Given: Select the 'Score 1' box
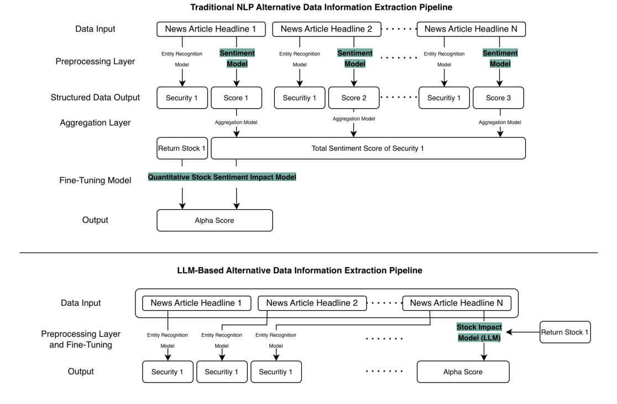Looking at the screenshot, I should [237, 97].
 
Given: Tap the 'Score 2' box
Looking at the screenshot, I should [354, 97].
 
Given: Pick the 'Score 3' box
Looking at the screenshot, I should [500, 97].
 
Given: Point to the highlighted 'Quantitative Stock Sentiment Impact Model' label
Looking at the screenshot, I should [222, 178].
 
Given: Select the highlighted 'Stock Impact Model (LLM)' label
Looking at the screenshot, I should [479, 333].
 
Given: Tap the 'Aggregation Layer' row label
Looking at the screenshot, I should [95, 123].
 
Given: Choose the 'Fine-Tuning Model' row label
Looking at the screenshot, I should [95, 180].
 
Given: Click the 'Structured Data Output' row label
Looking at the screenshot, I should [95, 98].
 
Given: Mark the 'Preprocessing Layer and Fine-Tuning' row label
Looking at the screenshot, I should [81, 339].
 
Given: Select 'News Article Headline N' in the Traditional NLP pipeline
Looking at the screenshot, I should [470, 29].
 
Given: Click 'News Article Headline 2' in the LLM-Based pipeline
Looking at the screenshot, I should [312, 303].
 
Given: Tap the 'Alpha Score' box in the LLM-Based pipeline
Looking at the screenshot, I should [463, 372].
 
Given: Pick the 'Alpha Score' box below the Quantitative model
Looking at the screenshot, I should [215, 220].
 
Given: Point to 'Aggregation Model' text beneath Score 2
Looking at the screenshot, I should [354, 119].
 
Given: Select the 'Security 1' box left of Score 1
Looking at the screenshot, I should [182, 97].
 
